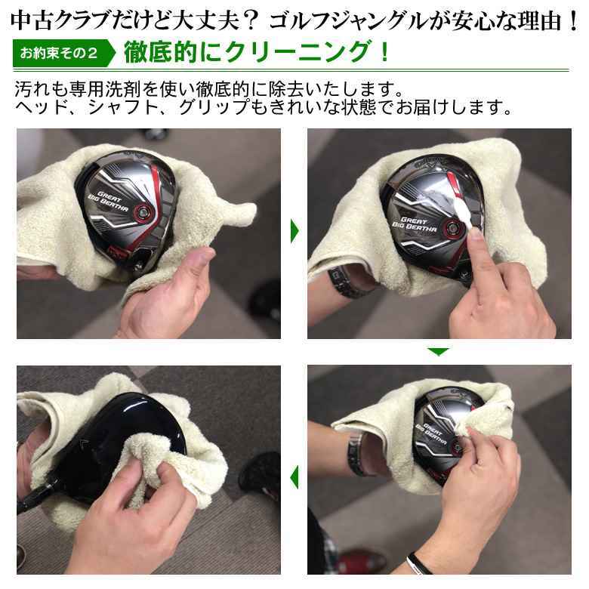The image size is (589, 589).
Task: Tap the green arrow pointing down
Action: click(x=438, y=352)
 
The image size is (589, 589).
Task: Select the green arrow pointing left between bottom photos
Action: click(x=294, y=476)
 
